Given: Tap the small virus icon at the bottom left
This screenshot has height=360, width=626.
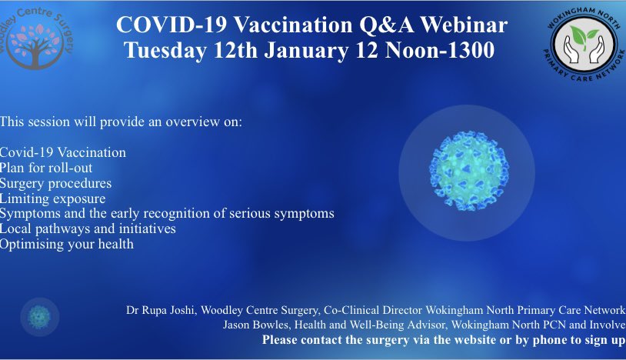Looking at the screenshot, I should click(39, 317).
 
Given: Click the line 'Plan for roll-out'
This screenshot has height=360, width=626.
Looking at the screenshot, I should click(46, 168).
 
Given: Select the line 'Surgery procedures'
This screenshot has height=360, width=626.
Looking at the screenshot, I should click(56, 183).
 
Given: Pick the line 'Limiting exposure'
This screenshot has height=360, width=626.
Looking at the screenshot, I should click(53, 198).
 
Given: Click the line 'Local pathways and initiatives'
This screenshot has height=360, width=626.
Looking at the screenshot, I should click(88, 228).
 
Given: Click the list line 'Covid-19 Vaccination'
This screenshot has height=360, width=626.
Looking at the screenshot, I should click(63, 152).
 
